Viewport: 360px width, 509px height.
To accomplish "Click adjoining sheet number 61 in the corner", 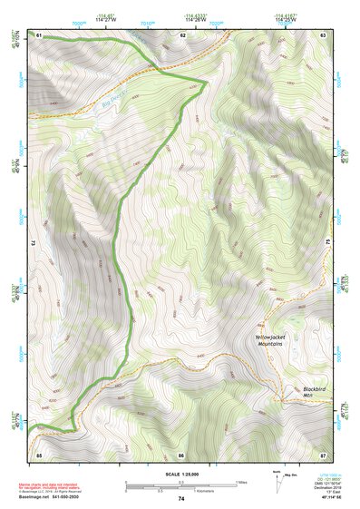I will coord(39,34).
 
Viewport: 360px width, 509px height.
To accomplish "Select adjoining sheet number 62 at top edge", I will coord(182,34).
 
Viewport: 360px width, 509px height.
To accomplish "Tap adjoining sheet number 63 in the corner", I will coord(323,34).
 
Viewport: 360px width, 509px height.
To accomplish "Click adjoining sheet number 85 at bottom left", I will coord(39,455).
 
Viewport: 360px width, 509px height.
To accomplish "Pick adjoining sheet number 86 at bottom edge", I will coord(181,455).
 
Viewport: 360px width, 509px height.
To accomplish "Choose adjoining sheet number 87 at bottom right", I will coord(323,455).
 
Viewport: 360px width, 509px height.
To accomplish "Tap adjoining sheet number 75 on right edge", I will coord(328,244).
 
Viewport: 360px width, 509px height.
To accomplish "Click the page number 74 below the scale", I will coord(180,498).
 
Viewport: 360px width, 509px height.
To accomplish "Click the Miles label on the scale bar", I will coord(240,481).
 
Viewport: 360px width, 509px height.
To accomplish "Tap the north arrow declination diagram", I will coord(277,485).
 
